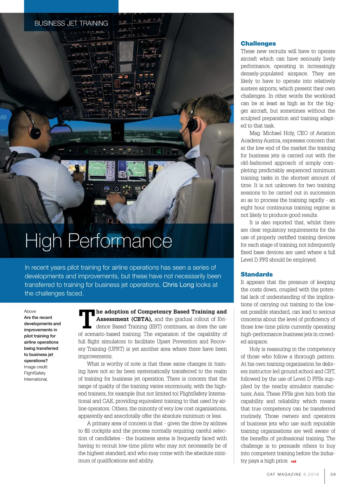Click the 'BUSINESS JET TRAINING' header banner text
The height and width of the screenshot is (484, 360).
[x=71, y=23]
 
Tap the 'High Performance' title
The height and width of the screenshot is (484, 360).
[x=98, y=241]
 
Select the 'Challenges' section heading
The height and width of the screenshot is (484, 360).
[x=258, y=44]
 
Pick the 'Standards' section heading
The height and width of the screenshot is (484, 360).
[x=256, y=274]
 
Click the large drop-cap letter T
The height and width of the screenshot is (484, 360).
[x=86, y=319]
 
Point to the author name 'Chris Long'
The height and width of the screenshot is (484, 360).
[x=178, y=285]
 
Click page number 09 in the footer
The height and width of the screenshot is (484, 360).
[x=333, y=474]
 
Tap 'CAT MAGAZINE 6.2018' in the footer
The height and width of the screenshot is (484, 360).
[x=293, y=474]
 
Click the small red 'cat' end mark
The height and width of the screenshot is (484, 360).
[x=294, y=461]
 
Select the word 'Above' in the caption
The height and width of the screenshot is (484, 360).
[x=30, y=311]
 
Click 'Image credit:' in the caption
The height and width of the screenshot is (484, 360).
[x=36, y=367]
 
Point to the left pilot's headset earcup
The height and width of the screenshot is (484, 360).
[x=35, y=132]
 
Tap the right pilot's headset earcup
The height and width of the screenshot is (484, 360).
[x=192, y=125]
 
